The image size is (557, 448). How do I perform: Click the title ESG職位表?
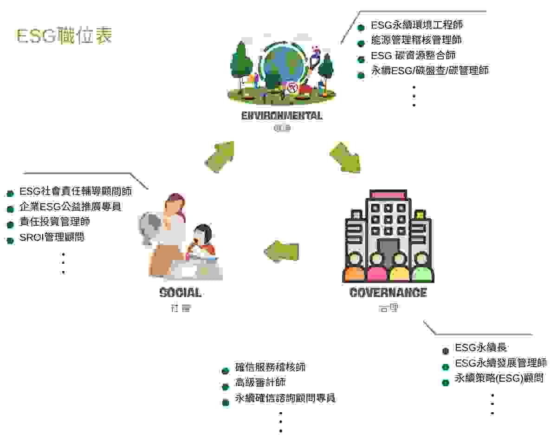click(x=64, y=36)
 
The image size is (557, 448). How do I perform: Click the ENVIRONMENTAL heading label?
click(x=282, y=116)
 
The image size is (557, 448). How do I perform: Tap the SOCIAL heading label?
click(x=180, y=293)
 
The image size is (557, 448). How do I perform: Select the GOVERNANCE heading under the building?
click(x=388, y=293)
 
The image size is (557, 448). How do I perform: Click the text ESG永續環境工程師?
click(x=416, y=25)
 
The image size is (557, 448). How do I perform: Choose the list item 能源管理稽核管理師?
click(x=416, y=40)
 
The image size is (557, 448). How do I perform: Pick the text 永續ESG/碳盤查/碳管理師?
click(x=429, y=71)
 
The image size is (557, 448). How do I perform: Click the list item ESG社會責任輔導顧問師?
click(x=76, y=191)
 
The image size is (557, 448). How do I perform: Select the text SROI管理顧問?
click(x=52, y=238)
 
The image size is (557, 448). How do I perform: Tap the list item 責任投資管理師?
click(x=55, y=222)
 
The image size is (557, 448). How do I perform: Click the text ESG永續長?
click(x=481, y=348)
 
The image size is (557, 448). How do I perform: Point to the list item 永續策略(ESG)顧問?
click(x=499, y=378)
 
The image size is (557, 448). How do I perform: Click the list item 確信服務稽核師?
click(x=270, y=367)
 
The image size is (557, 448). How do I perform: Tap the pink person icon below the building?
click(x=377, y=268)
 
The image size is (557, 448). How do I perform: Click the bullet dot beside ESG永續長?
click(x=446, y=351)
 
